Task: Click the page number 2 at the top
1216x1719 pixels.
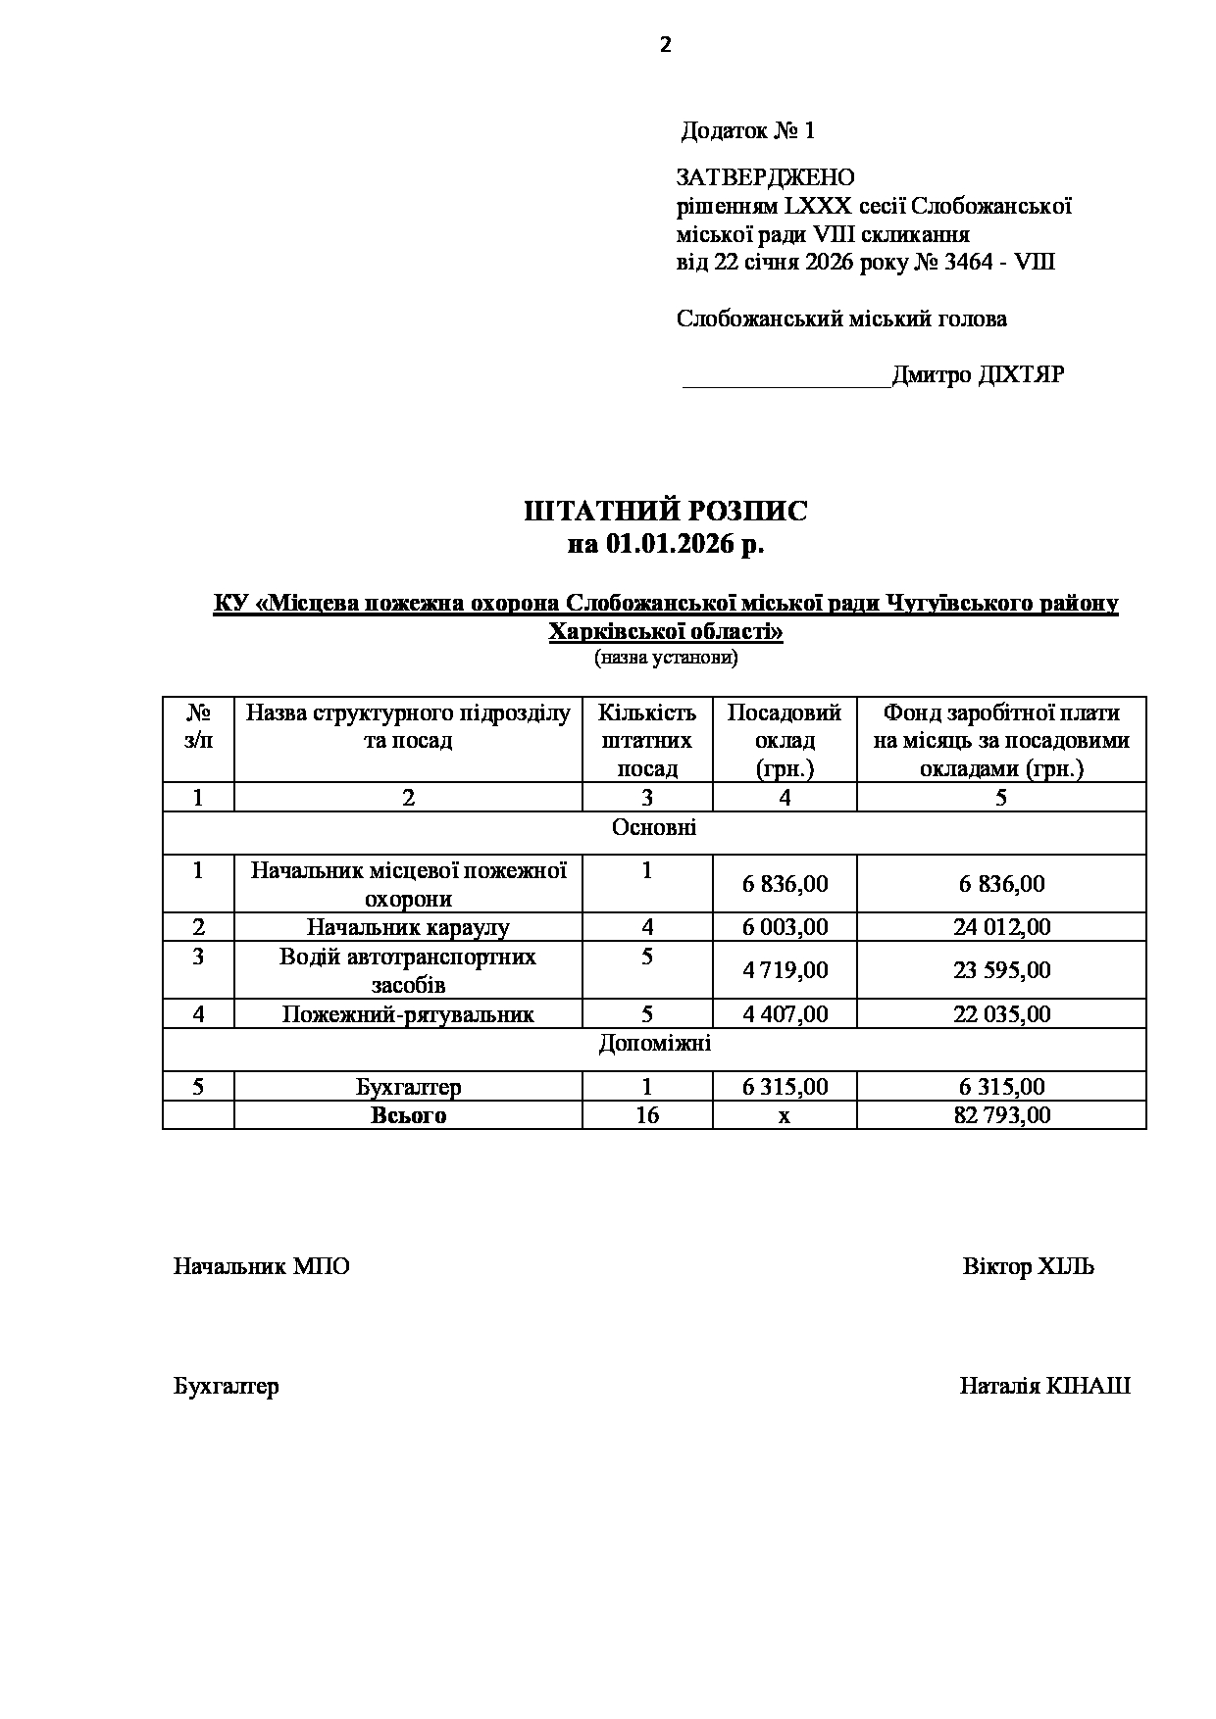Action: coord(666,44)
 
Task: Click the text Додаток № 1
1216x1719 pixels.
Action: coord(748,130)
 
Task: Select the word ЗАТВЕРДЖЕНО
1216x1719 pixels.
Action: coord(765,177)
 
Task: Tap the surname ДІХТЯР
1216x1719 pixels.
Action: coord(1021,375)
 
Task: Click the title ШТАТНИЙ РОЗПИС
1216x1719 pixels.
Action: coord(666,512)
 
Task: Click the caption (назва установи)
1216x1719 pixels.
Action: coord(666,658)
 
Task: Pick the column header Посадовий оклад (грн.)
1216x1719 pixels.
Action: coord(785,740)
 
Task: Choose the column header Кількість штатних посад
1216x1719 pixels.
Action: coord(647,740)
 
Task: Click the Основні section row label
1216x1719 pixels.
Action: coord(654,828)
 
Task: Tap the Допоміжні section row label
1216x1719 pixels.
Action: coord(654,1044)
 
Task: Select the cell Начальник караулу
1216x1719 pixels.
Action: coord(408,927)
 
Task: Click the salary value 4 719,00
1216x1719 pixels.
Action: coord(785,970)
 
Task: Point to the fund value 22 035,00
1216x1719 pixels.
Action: coord(1001,1014)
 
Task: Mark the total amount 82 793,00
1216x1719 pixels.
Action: coord(1001,1115)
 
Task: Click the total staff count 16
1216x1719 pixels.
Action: coord(647,1115)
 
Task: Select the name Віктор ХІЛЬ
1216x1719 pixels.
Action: coord(1028,1266)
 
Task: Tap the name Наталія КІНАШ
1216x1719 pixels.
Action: coord(1044,1387)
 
